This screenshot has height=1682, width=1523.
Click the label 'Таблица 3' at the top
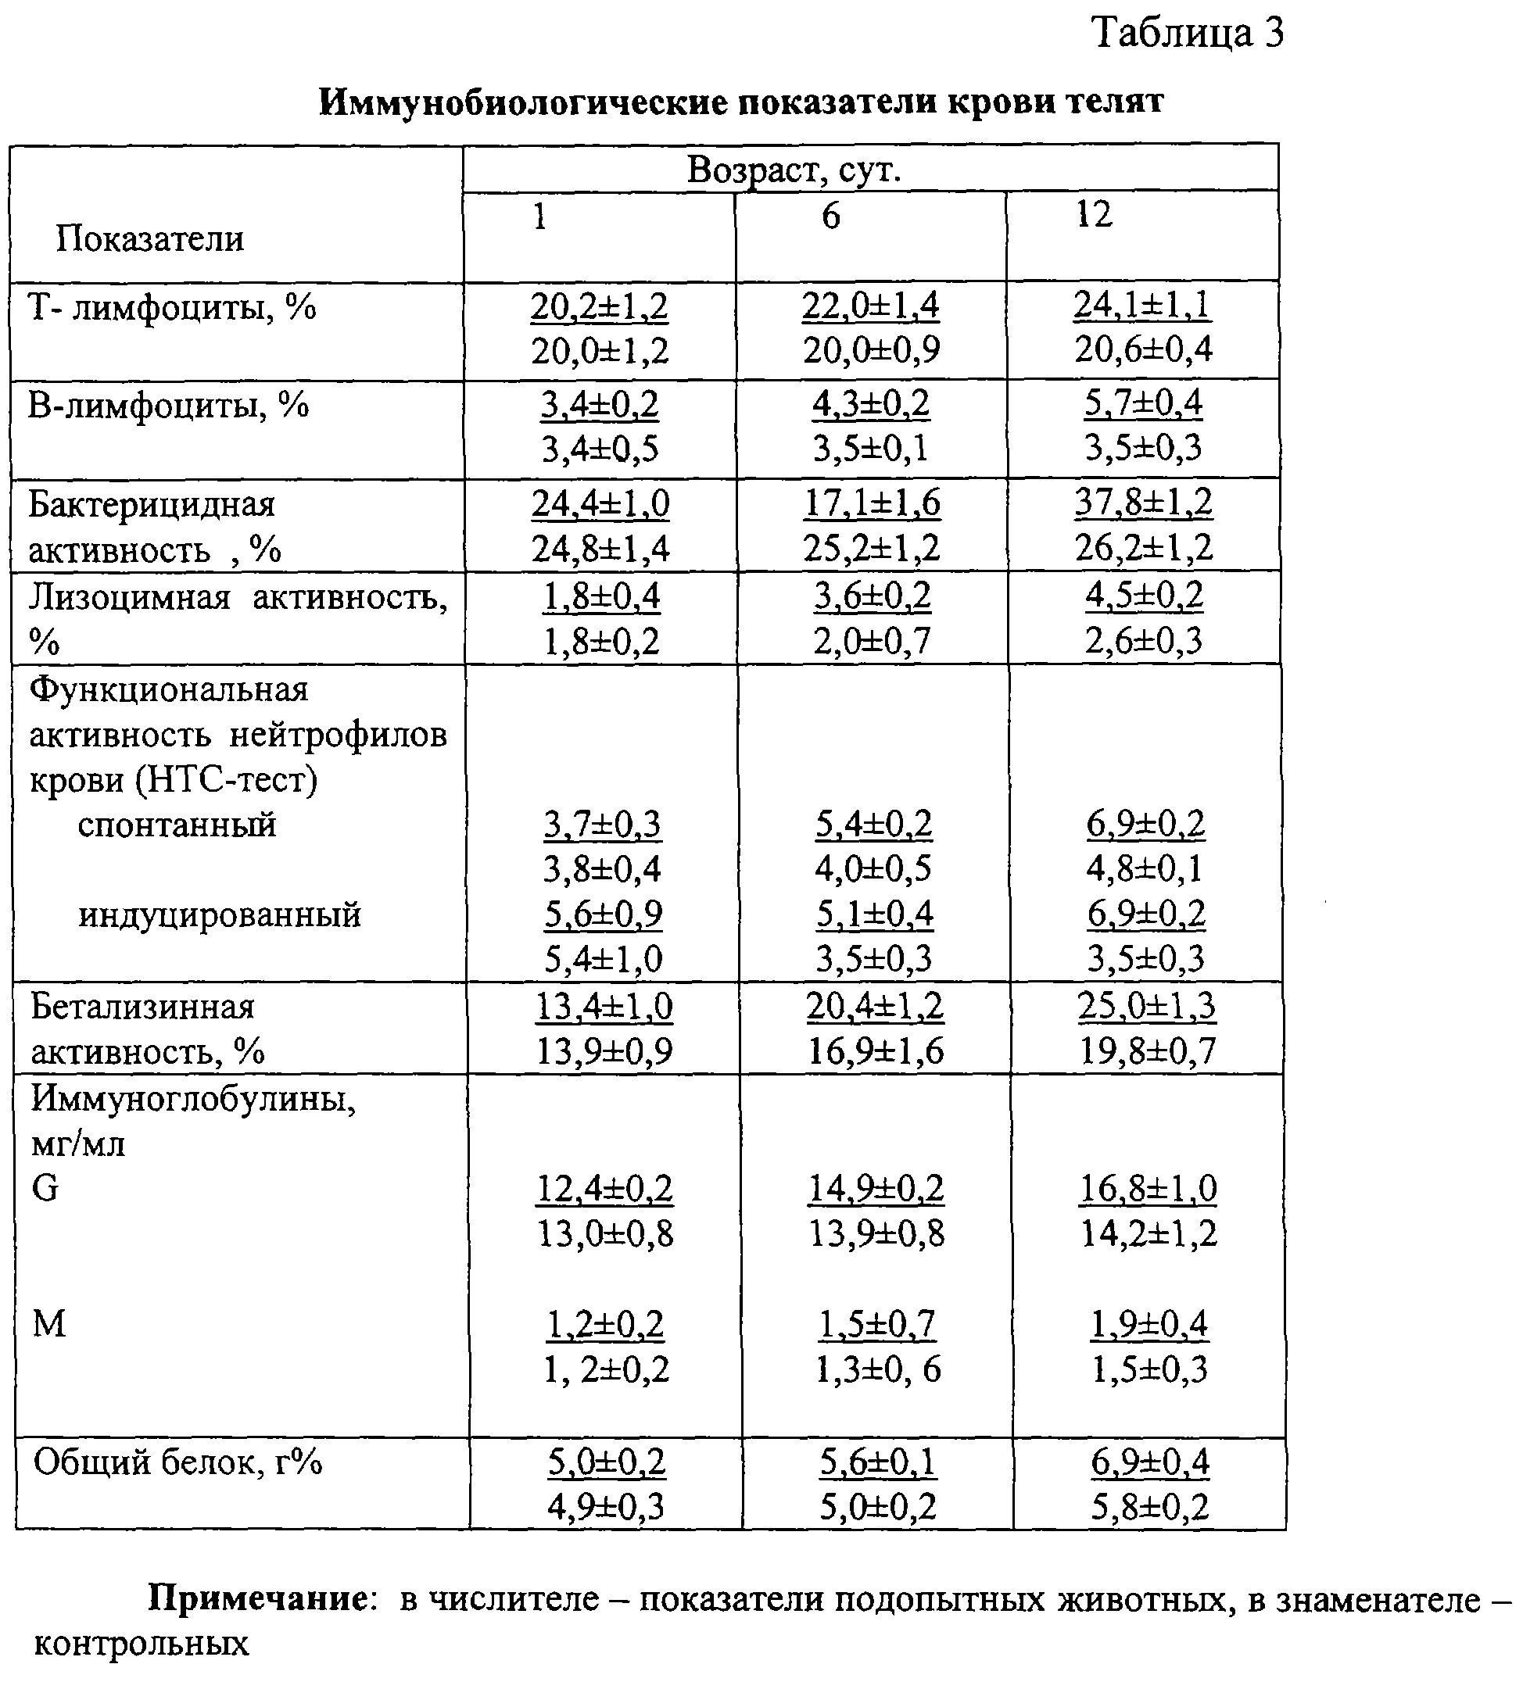tap(1188, 34)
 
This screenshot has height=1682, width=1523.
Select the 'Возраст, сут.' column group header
tap(794, 170)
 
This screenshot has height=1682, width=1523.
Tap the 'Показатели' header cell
tap(150, 239)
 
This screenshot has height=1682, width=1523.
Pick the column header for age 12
tap(1093, 214)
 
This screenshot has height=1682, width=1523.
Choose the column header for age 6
tap(830, 216)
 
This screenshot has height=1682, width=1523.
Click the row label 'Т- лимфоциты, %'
tap(173, 308)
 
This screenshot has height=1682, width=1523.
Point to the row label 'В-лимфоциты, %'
tap(169, 406)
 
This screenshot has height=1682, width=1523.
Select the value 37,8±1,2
tap(1143, 503)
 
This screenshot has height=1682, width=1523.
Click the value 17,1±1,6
tap(872, 503)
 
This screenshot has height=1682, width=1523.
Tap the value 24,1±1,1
tap(1142, 305)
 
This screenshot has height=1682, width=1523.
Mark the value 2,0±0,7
tap(872, 642)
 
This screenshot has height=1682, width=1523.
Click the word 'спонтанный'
tap(177, 825)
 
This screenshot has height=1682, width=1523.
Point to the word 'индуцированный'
tap(220, 915)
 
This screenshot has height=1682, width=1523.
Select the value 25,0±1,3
tap(1147, 1006)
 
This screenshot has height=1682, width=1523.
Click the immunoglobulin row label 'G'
tap(45, 1188)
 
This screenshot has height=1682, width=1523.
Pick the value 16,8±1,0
tap(1149, 1188)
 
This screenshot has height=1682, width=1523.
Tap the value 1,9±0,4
tap(1149, 1324)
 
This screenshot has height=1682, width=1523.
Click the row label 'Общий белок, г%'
tap(177, 1462)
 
